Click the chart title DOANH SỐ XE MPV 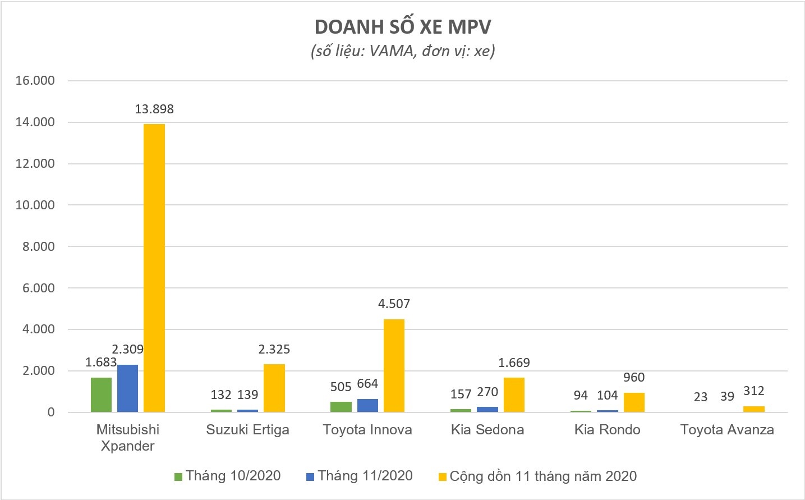click(x=402, y=27)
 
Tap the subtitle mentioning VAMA click(x=402, y=51)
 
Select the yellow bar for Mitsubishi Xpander click(x=154, y=268)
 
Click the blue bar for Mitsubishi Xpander click(x=127, y=388)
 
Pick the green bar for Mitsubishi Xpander click(x=101, y=395)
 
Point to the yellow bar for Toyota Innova click(x=394, y=365)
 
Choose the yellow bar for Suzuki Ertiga click(x=274, y=388)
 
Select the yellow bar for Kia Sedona click(x=514, y=395)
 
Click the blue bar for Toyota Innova click(x=367, y=405)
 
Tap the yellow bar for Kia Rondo click(x=634, y=402)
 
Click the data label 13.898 click(x=154, y=109)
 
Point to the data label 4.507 click(x=394, y=304)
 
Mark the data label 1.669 click(x=514, y=363)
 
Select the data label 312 click(x=753, y=391)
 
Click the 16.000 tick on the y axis click(x=35, y=81)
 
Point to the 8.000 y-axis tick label click(x=38, y=246)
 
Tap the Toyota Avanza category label click(x=727, y=430)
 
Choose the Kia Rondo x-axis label click(x=607, y=430)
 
